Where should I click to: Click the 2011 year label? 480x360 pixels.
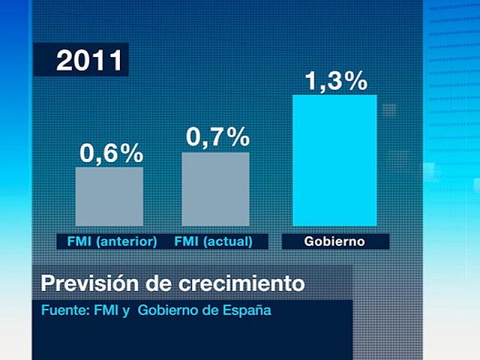coord(89,61)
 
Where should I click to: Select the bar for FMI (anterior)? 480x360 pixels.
coord(109,196)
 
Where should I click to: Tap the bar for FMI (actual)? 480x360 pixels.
coord(215,189)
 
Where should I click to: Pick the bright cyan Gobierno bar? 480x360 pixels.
coord(334,160)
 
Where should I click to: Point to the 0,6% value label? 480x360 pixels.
coord(112,154)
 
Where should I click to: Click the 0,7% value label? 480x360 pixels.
coord(217,138)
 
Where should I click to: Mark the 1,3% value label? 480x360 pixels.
coord(335,82)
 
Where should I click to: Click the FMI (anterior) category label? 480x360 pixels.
coord(108,242)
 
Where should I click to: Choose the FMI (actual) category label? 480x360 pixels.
coord(213,242)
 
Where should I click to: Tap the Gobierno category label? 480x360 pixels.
coord(335,242)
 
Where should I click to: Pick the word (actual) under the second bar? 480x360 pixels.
coord(227,242)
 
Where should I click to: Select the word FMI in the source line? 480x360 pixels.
coord(106,311)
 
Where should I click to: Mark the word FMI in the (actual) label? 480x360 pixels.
coord(186,242)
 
